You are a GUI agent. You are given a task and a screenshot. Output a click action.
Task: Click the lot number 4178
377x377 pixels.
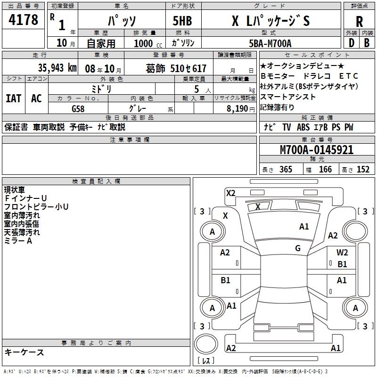23,20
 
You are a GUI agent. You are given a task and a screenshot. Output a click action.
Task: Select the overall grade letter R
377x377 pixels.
359,21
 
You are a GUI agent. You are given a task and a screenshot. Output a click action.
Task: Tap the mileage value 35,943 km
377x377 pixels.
57,68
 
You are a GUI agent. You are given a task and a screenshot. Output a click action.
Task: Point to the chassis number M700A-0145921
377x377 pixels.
316,150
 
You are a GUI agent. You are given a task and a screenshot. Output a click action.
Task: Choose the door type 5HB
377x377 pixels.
182,21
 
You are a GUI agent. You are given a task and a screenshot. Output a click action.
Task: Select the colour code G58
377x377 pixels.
78,108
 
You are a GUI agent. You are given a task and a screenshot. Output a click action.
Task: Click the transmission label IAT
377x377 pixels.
13,98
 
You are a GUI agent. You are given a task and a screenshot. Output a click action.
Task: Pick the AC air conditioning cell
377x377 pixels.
36,98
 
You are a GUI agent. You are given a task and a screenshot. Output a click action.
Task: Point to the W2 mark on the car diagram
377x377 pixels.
342,253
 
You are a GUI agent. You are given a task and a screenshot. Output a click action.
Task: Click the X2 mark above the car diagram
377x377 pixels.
230,193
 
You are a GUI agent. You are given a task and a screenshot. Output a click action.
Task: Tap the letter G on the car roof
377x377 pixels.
297,248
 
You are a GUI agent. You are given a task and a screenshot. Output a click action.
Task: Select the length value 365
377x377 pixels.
286,170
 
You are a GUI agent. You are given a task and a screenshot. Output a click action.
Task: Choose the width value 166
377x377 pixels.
325,170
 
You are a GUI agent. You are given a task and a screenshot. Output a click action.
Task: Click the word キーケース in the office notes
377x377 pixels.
24,352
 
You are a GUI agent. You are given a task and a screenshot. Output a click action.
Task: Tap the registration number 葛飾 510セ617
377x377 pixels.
176,68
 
